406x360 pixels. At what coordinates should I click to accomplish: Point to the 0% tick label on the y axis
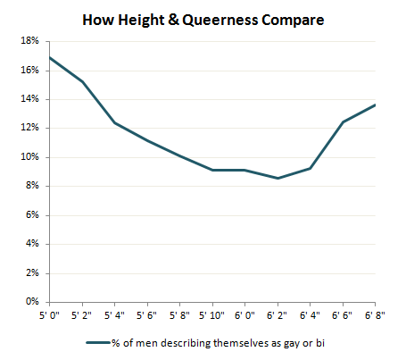click(31, 302)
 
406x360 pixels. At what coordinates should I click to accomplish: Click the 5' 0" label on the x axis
click(50, 315)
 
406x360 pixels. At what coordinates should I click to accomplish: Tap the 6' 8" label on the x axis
click(376, 315)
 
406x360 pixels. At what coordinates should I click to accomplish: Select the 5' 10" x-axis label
click(212, 315)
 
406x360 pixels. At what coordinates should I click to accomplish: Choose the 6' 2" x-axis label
click(278, 315)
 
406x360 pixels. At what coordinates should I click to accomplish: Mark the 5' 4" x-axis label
click(115, 315)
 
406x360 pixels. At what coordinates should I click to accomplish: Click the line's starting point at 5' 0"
click(50, 57)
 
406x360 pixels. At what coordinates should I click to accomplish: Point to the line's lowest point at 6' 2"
click(278, 178)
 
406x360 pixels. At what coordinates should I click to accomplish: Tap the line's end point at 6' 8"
click(375, 105)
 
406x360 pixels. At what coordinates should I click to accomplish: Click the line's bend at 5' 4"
click(115, 122)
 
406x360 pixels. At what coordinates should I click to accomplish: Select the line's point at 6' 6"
click(343, 121)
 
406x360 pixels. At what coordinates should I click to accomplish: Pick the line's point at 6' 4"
click(310, 168)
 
